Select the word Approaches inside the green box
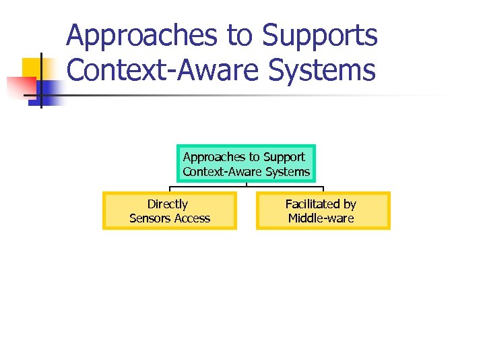pyautogui.click(x=213, y=157)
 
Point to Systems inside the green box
pyautogui.click(x=288, y=172)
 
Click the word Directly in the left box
pyautogui.click(x=168, y=204)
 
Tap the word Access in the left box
pyautogui.click(x=193, y=218)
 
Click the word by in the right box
pyautogui.click(x=350, y=204)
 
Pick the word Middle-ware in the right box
pyautogui.click(x=321, y=218)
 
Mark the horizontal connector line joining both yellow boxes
pyautogui.click(x=247, y=187)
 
